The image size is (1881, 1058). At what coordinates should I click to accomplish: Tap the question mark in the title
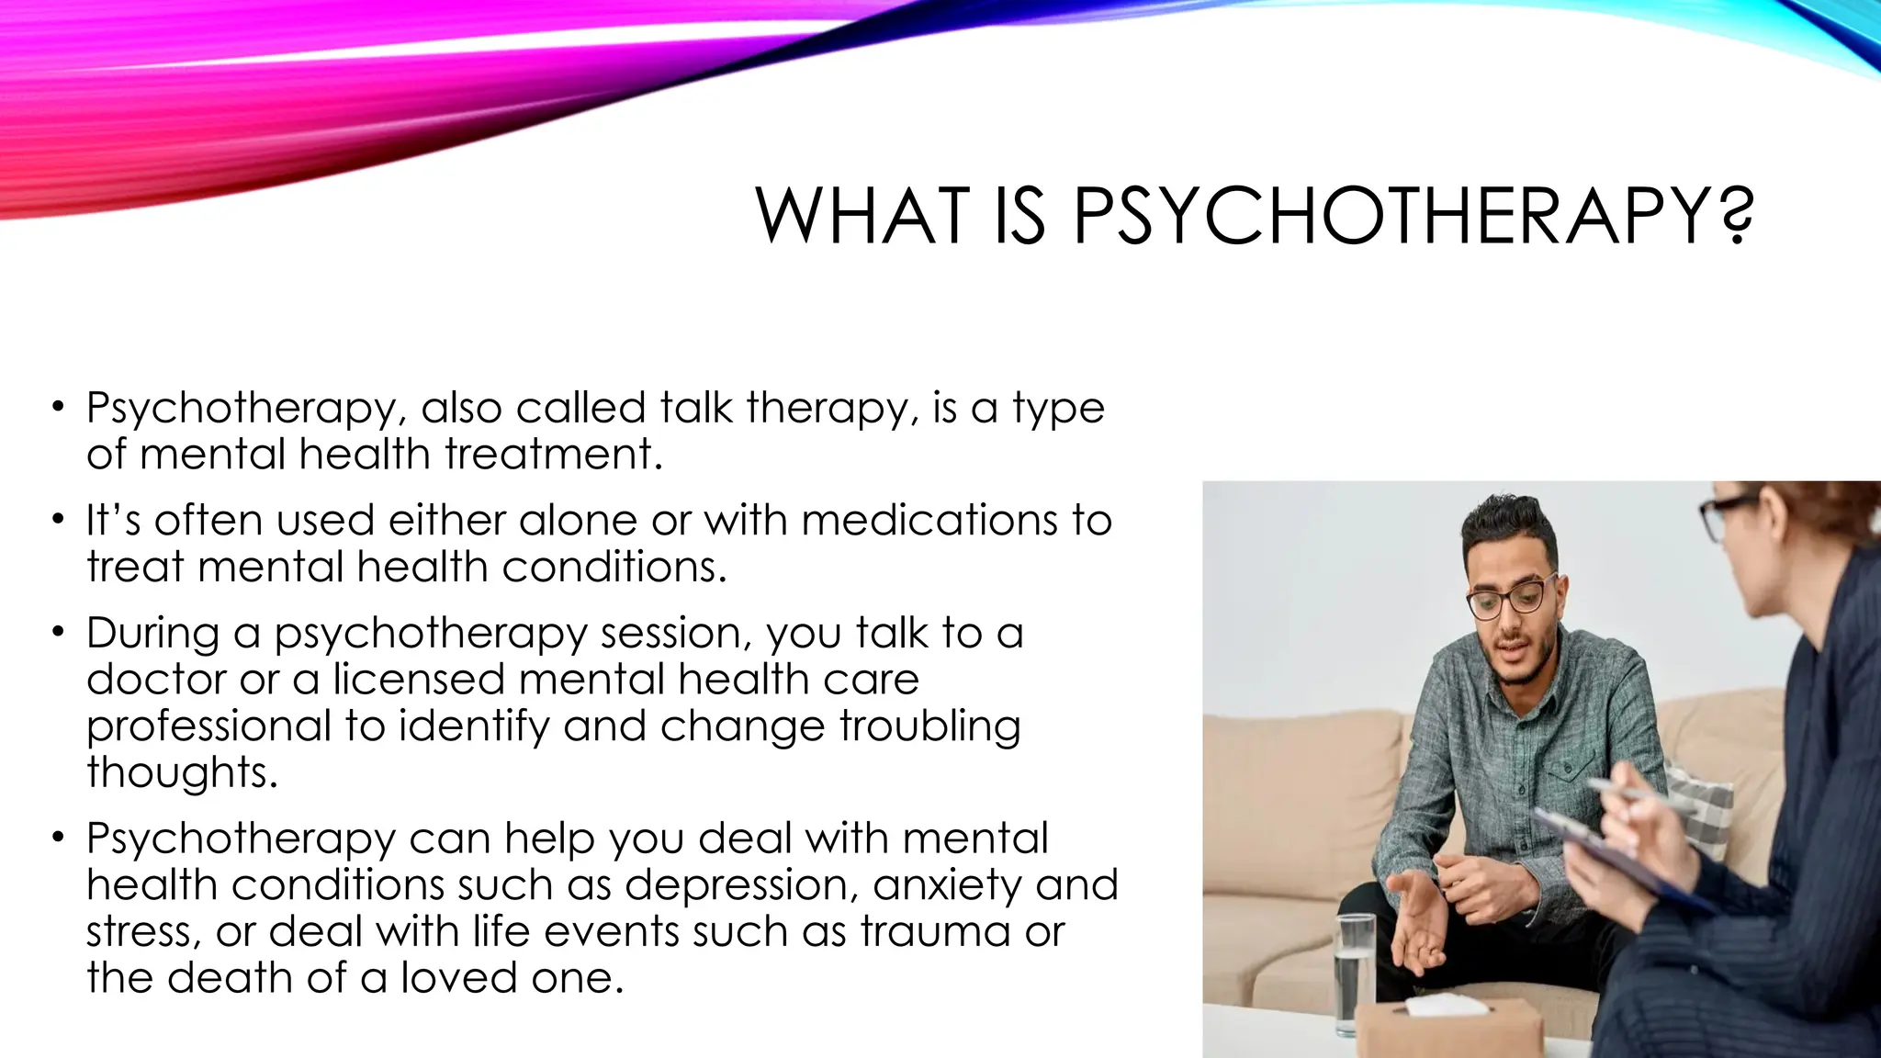pyautogui.click(x=1732, y=216)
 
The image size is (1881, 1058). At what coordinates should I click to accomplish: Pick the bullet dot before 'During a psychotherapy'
pyautogui.click(x=59, y=632)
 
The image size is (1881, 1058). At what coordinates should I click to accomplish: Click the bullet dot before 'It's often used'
pyautogui.click(x=59, y=519)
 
